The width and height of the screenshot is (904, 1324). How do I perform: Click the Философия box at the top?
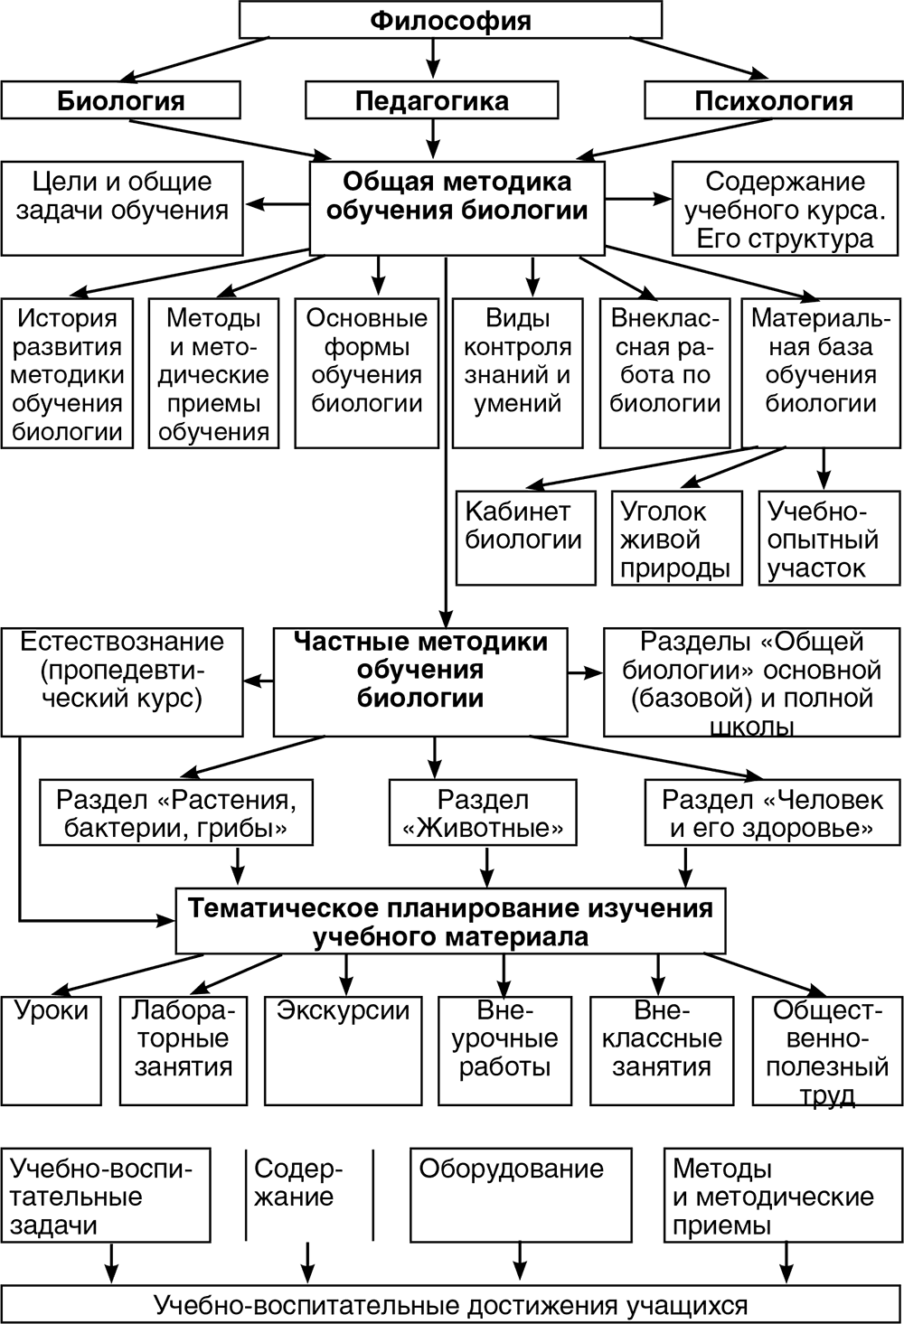tap(450, 20)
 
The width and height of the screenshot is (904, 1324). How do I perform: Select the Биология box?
tap(120, 100)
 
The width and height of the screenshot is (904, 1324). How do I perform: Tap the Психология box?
tap(773, 100)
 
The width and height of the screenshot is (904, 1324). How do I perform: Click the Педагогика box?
tap(431, 100)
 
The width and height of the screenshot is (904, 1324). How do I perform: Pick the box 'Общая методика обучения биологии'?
tap(457, 208)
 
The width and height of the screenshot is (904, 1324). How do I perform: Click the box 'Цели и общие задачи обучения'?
tap(122, 208)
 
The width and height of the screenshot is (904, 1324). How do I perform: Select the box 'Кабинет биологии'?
tap(525, 538)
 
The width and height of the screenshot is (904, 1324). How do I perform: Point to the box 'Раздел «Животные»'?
tap(483, 813)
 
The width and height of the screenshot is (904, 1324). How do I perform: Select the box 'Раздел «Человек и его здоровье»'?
tap(772, 813)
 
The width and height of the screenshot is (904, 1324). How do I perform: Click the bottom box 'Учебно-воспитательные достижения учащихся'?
tap(451, 1305)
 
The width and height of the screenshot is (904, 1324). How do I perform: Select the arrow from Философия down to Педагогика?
tap(432, 60)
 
